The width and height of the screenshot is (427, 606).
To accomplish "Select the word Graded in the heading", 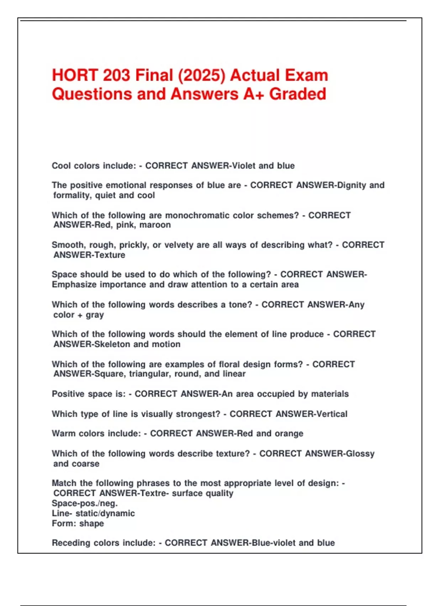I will tap(297, 94).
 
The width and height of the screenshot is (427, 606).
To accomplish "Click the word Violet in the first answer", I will tap(244, 166).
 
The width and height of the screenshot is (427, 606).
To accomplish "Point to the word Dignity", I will tap(352, 185).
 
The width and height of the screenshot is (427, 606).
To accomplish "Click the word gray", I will tap(95, 315).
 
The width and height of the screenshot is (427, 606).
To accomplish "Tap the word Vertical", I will tap(332, 414).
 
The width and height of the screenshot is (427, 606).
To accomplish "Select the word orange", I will tap(289, 433).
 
